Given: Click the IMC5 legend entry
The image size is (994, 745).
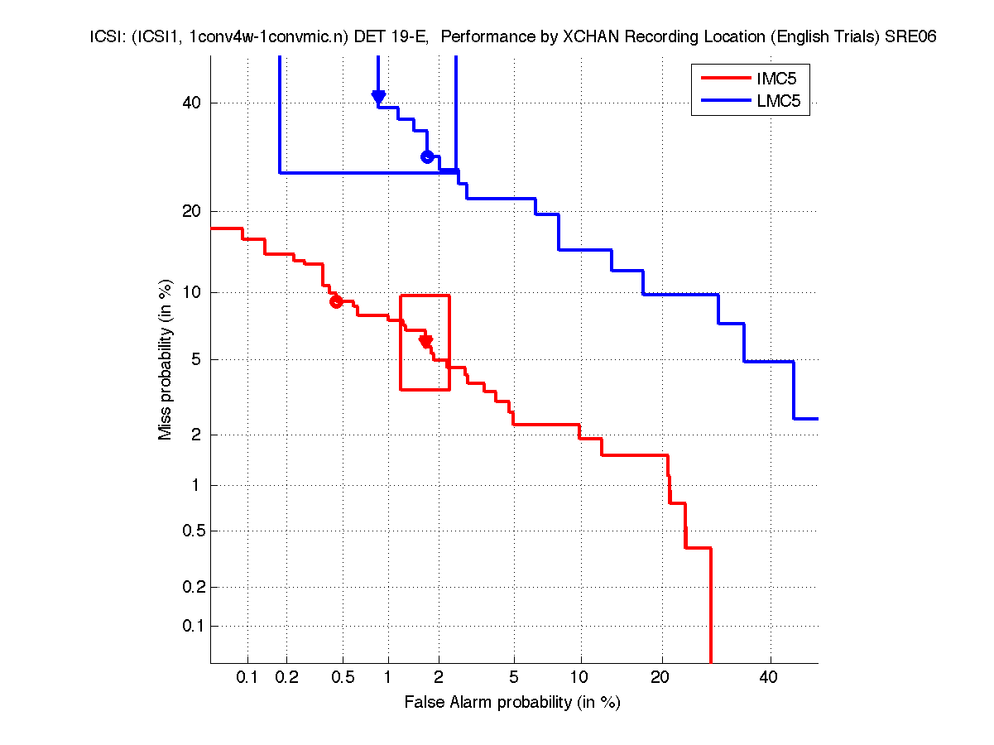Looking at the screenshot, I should point(770,79).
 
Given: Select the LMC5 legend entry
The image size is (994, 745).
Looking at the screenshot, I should point(770,102).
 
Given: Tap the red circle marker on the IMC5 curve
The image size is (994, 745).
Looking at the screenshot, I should point(336,301).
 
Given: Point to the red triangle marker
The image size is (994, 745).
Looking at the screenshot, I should point(426,341).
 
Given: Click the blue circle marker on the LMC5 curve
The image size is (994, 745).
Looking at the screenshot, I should point(427,156).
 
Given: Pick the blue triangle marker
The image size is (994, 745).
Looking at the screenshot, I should point(378,97).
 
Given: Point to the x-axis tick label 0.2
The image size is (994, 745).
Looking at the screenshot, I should point(287,677).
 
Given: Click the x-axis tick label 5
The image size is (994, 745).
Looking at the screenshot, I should point(513,677).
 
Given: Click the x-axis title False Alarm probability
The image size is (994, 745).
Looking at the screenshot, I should point(512,702).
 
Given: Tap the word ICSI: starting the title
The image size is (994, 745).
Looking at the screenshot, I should point(108,37).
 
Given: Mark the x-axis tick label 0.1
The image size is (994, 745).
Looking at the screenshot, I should point(247,677).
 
